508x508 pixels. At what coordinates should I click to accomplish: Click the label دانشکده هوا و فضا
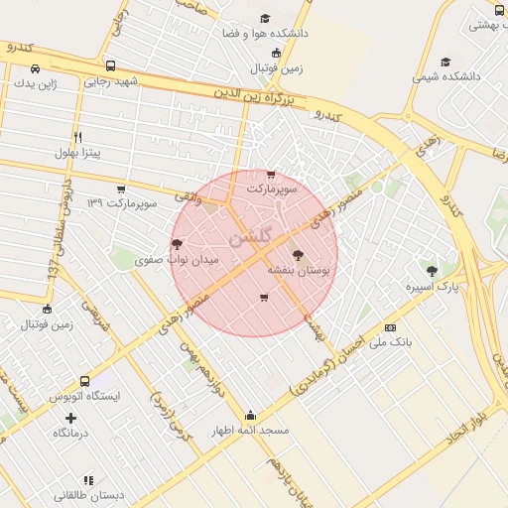270,33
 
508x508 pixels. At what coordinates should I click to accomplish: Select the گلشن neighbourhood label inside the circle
248,238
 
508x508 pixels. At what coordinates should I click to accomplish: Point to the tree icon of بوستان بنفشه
298,255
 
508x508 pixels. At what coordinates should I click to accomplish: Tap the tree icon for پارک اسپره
431,270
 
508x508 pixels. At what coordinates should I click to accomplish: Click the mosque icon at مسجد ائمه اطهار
250,416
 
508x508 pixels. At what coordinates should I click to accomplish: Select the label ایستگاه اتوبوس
85,395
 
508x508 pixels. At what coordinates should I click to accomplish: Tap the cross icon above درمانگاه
70,418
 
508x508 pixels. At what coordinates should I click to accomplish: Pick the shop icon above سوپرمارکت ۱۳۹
121,189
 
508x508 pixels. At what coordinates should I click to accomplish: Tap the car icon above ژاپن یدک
36,69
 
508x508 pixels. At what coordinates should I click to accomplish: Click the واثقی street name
187,196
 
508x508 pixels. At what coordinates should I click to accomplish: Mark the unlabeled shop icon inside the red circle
263,297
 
